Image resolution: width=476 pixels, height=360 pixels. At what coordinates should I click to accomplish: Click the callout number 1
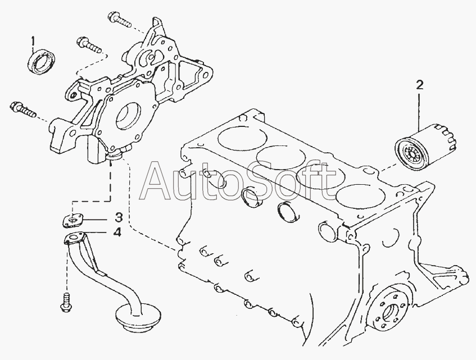click(33, 41)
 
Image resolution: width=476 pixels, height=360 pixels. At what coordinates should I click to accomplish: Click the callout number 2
click(419, 85)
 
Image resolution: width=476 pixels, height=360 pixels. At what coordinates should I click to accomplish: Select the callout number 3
click(119, 217)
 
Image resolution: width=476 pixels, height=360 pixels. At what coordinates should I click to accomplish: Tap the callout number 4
click(117, 233)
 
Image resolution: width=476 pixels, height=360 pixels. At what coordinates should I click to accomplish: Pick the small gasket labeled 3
click(72, 220)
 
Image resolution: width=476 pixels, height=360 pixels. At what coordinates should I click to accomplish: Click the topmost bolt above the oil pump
click(119, 20)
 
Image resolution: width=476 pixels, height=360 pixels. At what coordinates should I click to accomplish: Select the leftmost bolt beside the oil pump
click(23, 110)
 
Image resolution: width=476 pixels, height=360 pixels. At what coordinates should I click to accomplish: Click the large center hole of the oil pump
click(128, 117)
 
